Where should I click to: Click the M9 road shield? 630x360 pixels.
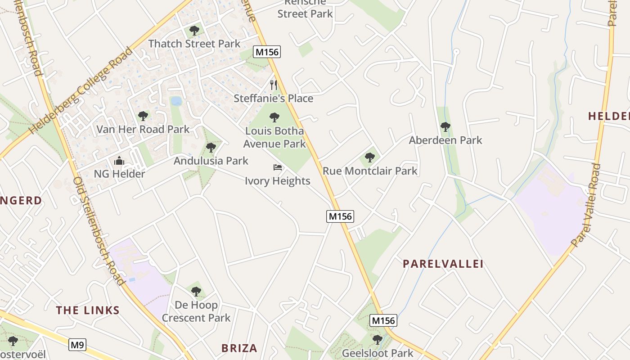(77, 345)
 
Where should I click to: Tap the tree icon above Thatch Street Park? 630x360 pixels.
(194, 31)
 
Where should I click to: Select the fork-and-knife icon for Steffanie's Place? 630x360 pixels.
(273, 85)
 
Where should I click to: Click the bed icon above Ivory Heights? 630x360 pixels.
(278, 168)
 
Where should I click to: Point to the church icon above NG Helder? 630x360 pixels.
(119, 161)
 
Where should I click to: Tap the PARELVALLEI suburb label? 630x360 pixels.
(443, 264)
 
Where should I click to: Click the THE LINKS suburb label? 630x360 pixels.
(88, 310)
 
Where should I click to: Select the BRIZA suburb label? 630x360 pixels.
(239, 348)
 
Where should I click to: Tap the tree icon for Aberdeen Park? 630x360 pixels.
(445, 127)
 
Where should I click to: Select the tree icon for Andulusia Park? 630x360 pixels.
(211, 148)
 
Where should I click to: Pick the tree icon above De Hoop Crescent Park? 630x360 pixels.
(196, 292)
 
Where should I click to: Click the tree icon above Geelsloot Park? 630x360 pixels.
(378, 339)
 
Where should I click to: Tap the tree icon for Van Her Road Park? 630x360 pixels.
(143, 116)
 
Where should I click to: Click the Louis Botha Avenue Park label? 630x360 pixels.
(274, 137)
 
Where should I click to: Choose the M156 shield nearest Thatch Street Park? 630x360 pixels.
(267, 52)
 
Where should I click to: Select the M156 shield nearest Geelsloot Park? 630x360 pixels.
(383, 320)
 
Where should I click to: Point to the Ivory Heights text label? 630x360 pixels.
(278, 181)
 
